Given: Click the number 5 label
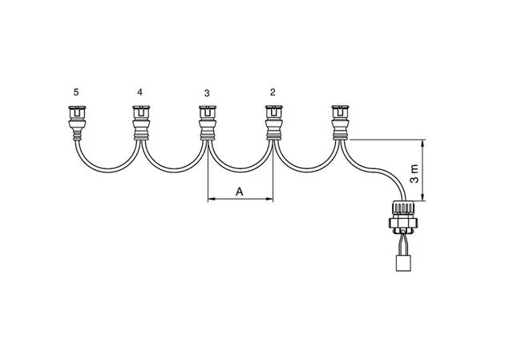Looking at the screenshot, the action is pyautogui.click(x=76, y=92).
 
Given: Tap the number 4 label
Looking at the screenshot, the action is pyautogui.click(x=140, y=92).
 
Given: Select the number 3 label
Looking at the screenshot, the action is pyautogui.click(x=207, y=93).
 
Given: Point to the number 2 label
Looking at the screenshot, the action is pyautogui.click(x=273, y=92).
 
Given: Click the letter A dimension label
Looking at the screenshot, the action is pyautogui.click(x=240, y=192).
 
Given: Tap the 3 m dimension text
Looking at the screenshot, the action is pyautogui.click(x=414, y=174).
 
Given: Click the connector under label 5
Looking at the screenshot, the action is pyautogui.click(x=77, y=123).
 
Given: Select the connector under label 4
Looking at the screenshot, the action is pyautogui.click(x=141, y=123).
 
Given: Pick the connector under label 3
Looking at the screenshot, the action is pyautogui.click(x=208, y=123).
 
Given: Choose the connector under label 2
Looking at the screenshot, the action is pyautogui.click(x=274, y=123).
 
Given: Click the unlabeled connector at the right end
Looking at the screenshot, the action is pyautogui.click(x=340, y=123).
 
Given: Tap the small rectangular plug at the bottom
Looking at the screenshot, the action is pyautogui.click(x=403, y=263).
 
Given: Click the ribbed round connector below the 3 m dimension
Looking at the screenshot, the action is pyautogui.click(x=403, y=217).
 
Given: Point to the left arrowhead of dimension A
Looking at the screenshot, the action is pyautogui.click(x=211, y=199).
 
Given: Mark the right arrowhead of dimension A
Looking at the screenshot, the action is pyautogui.click(x=269, y=199).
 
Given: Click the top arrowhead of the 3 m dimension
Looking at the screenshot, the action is pyautogui.click(x=423, y=143).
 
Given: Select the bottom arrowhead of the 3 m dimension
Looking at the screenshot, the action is pyautogui.click(x=423, y=197).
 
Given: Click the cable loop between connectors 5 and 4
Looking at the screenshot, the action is pyautogui.click(x=108, y=171).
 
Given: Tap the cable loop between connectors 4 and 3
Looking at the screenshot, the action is pyautogui.click(x=174, y=171).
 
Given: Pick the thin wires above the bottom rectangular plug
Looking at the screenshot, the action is pyautogui.click(x=403, y=245).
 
